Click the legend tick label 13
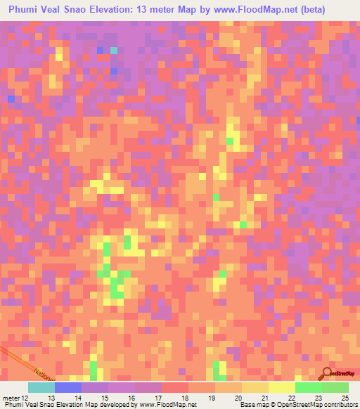[51, 398]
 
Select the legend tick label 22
[292, 398]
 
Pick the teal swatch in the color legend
[41, 387]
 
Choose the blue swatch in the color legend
[67, 387]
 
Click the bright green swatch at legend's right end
[335, 387]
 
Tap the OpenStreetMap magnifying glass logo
[328, 373]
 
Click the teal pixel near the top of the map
[113, 51]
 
